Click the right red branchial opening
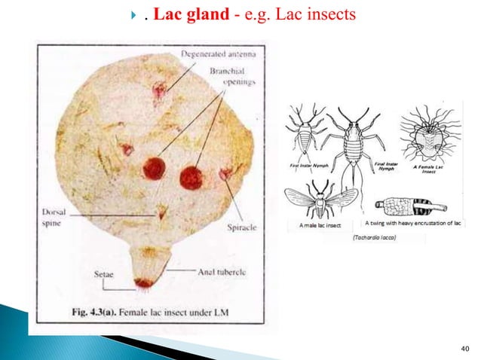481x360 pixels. (191, 178)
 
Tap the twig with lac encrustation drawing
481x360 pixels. (413, 206)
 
